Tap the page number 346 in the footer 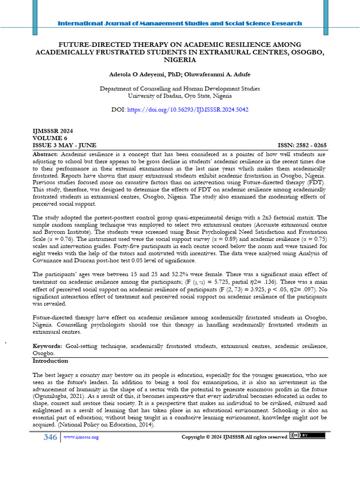point(50,437)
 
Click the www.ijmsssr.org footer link point(81,437)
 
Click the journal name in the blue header point(180,23)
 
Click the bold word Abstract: point(45,154)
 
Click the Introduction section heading point(50,361)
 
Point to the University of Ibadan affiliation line point(180,96)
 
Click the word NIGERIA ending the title point(180,60)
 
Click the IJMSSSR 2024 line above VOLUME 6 point(52,131)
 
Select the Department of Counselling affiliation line point(180,88)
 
